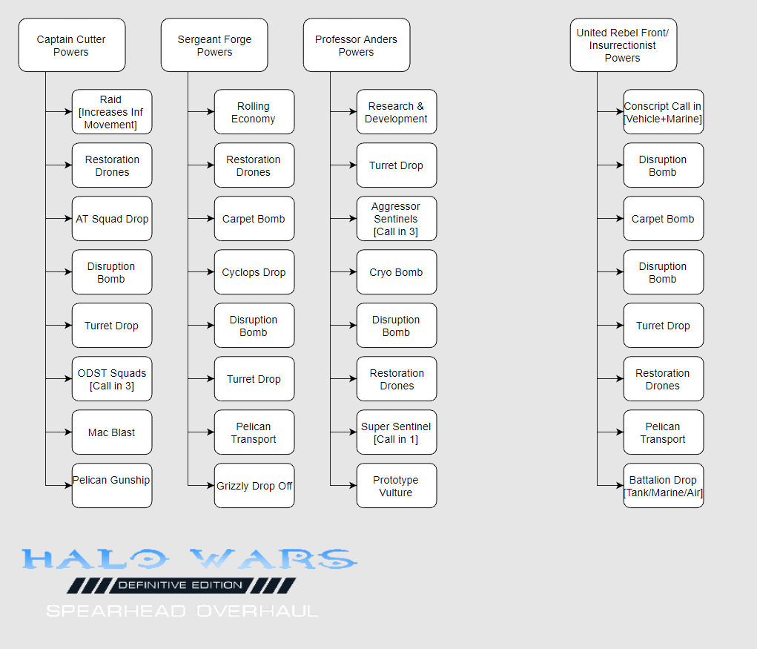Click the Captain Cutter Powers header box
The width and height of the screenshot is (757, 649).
[72, 45]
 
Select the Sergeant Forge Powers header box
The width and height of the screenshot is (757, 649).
[214, 45]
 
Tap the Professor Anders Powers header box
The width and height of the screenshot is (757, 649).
[357, 45]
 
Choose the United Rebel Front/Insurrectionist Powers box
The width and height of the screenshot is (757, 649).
[624, 45]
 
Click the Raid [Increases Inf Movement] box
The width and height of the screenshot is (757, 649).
[112, 111]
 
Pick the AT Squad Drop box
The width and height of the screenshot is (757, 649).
[112, 218]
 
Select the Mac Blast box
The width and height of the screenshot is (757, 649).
[112, 432]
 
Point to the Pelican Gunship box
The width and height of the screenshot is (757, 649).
[112, 485]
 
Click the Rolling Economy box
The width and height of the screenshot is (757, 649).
[254, 111]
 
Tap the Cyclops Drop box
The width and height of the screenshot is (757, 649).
[254, 272]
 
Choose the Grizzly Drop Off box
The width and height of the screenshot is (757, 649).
[254, 485]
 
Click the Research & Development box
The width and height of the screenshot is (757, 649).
[397, 111]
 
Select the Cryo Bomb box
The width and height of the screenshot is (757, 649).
[397, 272]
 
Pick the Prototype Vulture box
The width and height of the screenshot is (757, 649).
[397, 485]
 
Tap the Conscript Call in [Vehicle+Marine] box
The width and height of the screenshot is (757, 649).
[664, 111]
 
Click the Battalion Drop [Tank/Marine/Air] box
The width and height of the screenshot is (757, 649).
[664, 485]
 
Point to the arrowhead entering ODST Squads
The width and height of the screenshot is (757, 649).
[68, 378]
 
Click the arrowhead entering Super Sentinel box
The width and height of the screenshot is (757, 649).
[354, 432]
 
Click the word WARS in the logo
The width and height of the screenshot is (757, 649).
[274, 559]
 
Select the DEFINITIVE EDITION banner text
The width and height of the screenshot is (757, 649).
[181, 585]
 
